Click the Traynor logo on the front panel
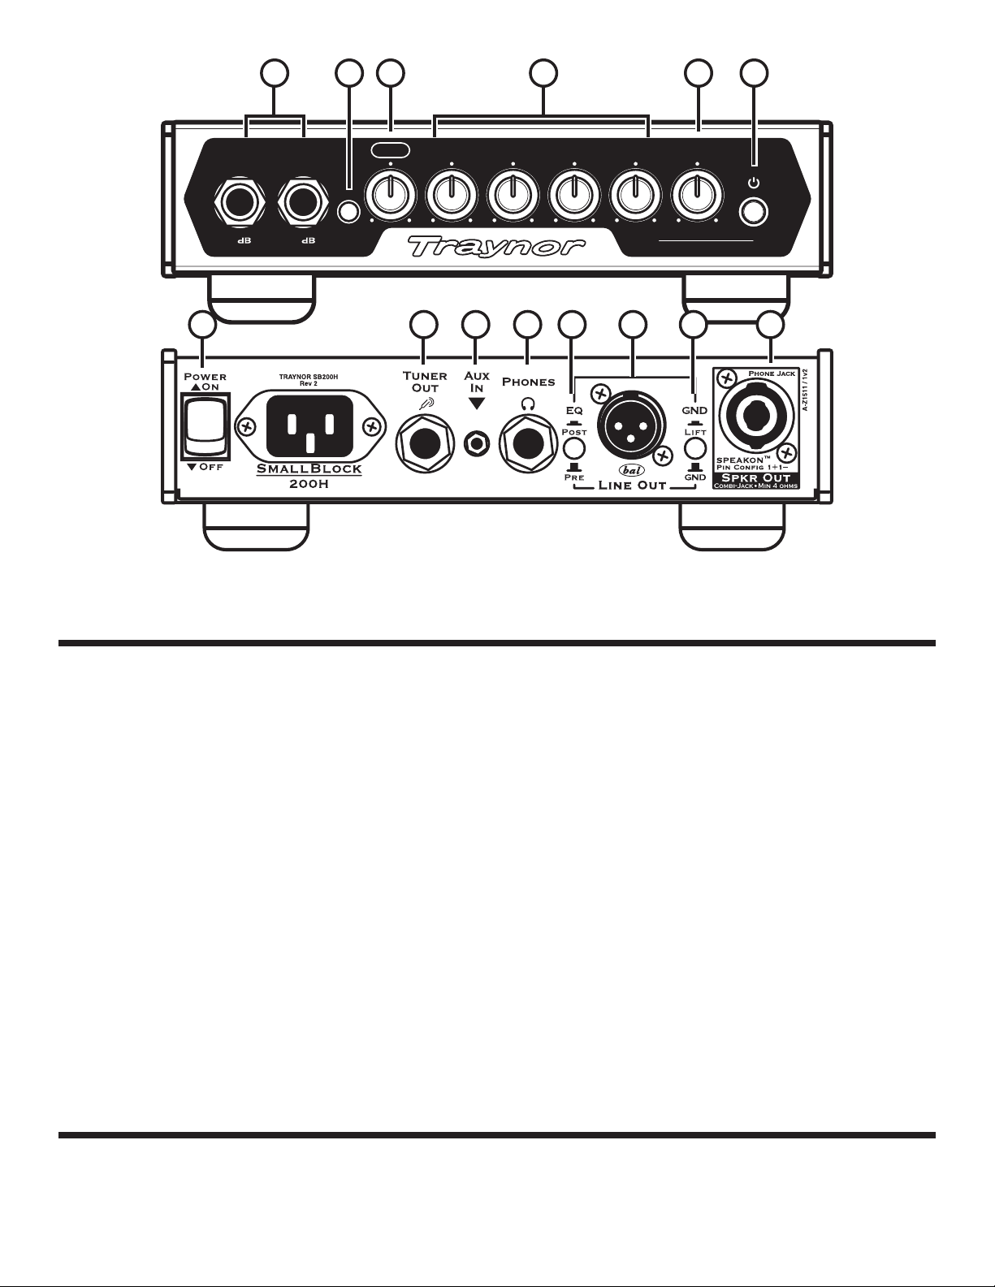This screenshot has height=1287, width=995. tap(496, 244)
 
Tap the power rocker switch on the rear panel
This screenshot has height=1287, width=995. tap(203, 429)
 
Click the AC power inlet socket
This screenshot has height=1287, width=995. tap(306, 426)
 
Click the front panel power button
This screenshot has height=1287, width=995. tap(755, 213)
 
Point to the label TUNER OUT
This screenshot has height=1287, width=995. tap(425, 382)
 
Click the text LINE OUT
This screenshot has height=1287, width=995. tap(633, 486)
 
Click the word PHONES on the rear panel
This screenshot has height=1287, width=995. tap(528, 382)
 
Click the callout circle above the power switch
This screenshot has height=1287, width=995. tap(203, 325)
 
